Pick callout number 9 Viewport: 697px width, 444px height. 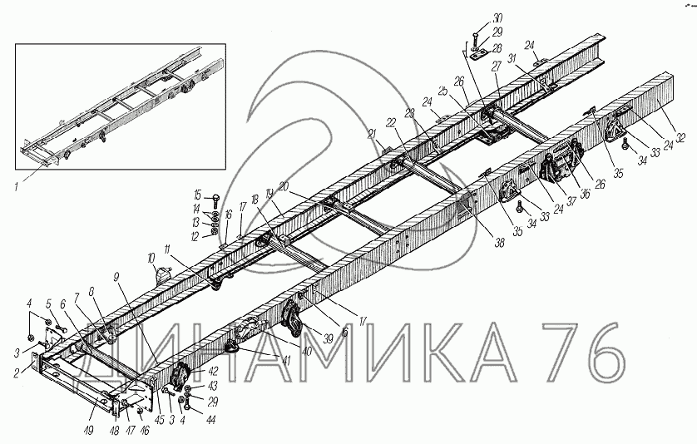click(x=116, y=276)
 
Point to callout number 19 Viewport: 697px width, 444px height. click(x=269, y=194)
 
